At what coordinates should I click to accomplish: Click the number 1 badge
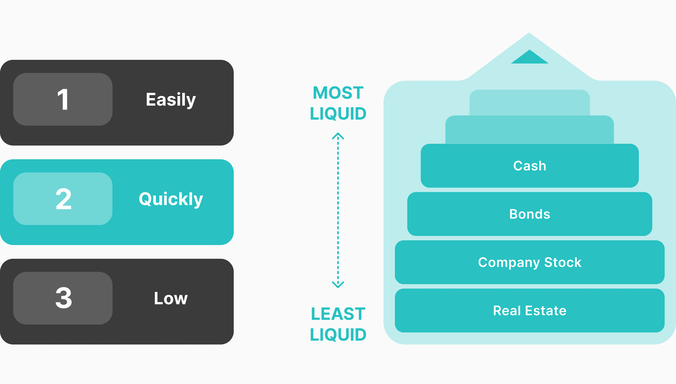pyautogui.click(x=63, y=99)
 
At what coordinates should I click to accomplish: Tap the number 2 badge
pyautogui.click(x=63, y=199)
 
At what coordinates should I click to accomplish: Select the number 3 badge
pyautogui.click(x=63, y=298)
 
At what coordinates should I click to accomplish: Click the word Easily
pyautogui.click(x=171, y=100)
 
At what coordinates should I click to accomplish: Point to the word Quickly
pyautogui.click(x=171, y=199)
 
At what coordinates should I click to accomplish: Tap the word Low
pyautogui.click(x=171, y=298)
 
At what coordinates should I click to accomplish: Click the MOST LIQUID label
pyautogui.click(x=338, y=103)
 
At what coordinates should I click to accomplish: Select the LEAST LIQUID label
pyautogui.click(x=338, y=324)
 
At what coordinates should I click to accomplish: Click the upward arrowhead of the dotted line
pyautogui.click(x=338, y=136)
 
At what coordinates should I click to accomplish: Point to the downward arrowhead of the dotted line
pyautogui.click(x=338, y=284)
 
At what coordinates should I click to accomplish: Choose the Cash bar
pyautogui.click(x=530, y=166)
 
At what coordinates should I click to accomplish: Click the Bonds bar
pyautogui.click(x=530, y=214)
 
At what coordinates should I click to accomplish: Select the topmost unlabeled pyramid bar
pyautogui.click(x=530, y=102)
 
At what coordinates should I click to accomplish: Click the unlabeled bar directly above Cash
pyautogui.click(x=530, y=130)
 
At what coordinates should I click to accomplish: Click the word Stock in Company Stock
pyautogui.click(x=563, y=262)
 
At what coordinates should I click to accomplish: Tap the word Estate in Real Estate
pyautogui.click(x=546, y=310)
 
